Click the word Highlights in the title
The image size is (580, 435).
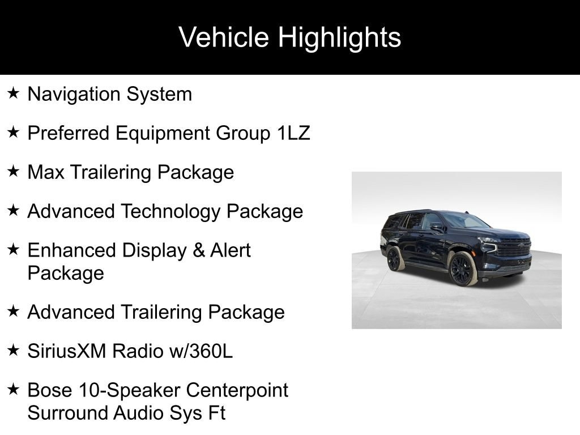pyautogui.click(x=339, y=38)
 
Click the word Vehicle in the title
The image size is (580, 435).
pyautogui.click(x=224, y=37)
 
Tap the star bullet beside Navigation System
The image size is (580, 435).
pyautogui.click(x=14, y=93)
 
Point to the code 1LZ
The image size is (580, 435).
pyautogui.click(x=293, y=133)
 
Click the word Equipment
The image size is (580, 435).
pyautogui.click(x=163, y=134)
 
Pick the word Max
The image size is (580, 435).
pyautogui.click(x=46, y=172)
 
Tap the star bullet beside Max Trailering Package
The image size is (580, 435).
pyautogui.click(x=14, y=171)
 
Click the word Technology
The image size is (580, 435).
pyautogui.click(x=170, y=212)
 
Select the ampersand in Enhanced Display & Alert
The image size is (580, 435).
pyautogui.click(x=199, y=250)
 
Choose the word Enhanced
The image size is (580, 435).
pyautogui.click(x=72, y=250)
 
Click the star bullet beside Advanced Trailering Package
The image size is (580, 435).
pyautogui.click(x=14, y=311)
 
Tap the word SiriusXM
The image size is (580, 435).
pyautogui.click(x=67, y=351)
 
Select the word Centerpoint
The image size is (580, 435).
pyautogui.click(x=237, y=390)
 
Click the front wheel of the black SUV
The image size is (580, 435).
pyautogui.click(x=462, y=268)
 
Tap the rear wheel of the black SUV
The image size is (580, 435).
pyautogui.click(x=394, y=258)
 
